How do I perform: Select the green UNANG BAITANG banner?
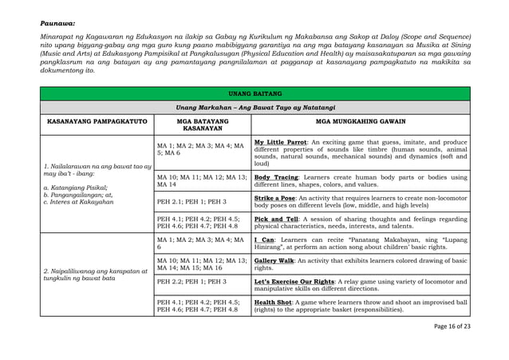[255, 93]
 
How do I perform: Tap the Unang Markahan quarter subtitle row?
[255, 107]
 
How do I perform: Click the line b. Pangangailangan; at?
[77, 194]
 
